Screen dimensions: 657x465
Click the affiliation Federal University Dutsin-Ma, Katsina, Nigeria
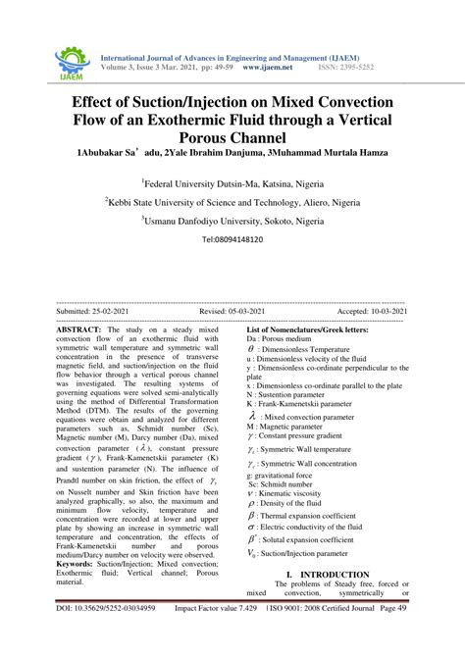tap(232, 182)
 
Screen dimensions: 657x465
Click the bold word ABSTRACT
tap(86, 330)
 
